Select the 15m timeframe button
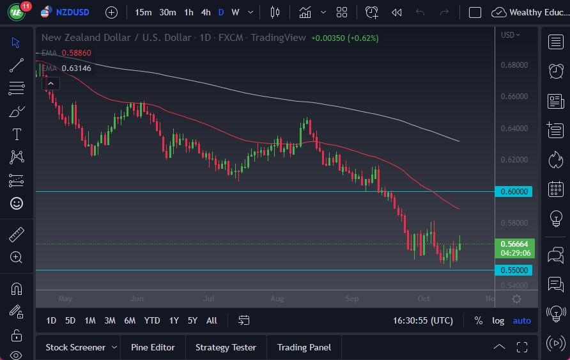[143, 12]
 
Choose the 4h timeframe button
[205, 12]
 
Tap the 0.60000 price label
[514, 191]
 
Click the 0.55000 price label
[514, 270]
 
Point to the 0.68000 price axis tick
[514, 65]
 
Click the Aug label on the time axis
[277, 298]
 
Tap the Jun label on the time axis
[135, 298]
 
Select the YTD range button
[152, 320]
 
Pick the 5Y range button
[192, 320]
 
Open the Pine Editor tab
[153, 347]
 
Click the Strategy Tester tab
[226, 347]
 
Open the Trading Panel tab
[304, 347]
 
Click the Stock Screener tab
[75, 347]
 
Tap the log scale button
[498, 320]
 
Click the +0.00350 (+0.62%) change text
[344, 38]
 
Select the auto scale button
[521, 320]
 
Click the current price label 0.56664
[514, 244]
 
